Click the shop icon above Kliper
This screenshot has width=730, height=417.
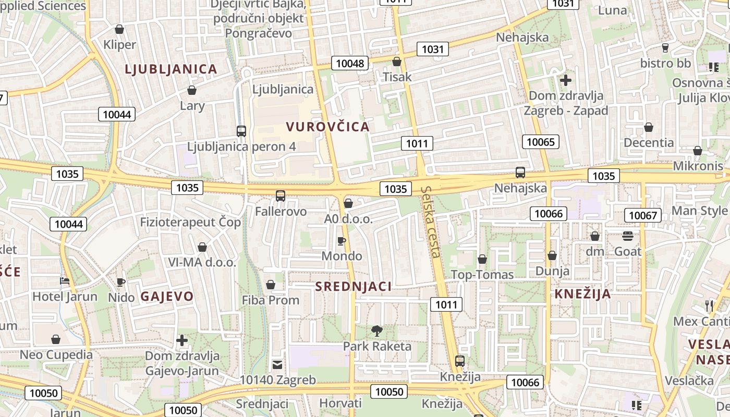coord(119,29)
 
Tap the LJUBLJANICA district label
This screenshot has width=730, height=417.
coord(171,69)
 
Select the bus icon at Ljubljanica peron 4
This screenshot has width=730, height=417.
coord(241,131)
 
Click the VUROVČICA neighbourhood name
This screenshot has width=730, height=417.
coord(328,127)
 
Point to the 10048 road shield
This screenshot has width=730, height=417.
coord(350,64)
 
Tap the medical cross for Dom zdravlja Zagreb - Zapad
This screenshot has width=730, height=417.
coord(566,80)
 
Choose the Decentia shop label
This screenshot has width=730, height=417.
coord(649,142)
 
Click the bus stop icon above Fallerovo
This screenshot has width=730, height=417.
coord(281,196)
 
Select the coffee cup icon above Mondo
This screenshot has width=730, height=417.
coord(342,240)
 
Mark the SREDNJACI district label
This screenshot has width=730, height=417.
coord(353,286)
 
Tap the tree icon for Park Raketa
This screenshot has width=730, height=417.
coord(376,330)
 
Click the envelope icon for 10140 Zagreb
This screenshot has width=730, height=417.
coord(277,364)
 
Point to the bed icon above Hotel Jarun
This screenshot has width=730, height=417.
coord(65,281)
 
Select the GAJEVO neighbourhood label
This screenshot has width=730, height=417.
coord(167,297)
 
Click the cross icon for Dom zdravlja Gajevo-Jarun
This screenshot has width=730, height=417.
coord(181,340)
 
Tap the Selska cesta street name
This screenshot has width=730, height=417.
coord(432,222)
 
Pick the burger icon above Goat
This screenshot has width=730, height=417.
coord(627,236)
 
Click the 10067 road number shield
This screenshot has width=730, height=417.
coord(643,215)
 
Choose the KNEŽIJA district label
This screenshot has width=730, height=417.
coord(582,293)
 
